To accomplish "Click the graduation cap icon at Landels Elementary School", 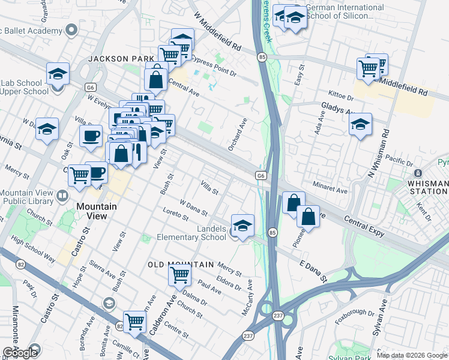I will point(243,226).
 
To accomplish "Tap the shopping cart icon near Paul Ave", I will point(180,275).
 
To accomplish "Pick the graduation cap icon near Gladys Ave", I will point(360,125).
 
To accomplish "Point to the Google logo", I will point(20,353).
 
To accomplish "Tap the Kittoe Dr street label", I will point(343,95).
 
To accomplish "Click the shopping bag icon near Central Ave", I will point(156,79).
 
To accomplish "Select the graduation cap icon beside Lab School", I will point(58,74).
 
